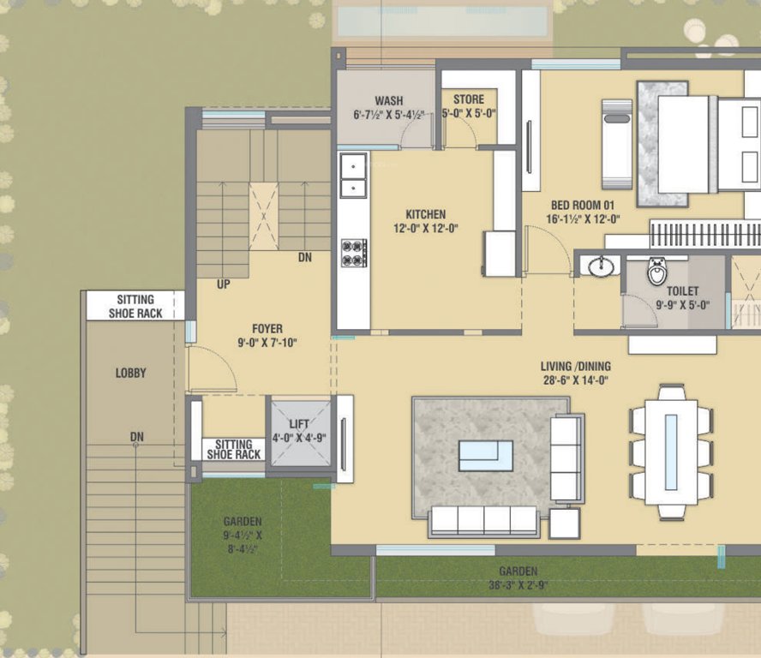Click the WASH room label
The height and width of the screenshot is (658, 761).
[x=389, y=101]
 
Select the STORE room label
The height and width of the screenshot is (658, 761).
[x=468, y=100]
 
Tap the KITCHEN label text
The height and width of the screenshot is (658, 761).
[x=426, y=214]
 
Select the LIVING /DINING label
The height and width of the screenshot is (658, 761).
[x=575, y=367]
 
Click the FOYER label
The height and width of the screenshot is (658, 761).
[x=267, y=329]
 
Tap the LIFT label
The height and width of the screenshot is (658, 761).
[x=299, y=424]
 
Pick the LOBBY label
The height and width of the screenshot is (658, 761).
[x=131, y=373]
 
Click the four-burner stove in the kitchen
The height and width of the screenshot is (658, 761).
[x=353, y=252]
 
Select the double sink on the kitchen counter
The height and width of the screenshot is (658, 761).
[x=352, y=176]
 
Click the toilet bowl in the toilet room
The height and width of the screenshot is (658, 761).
[x=657, y=271]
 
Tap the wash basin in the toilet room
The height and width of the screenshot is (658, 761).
[x=602, y=266]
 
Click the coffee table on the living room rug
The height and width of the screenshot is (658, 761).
[x=485, y=455]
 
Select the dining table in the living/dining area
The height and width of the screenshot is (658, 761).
[x=671, y=452]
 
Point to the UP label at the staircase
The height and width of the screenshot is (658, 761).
[x=223, y=284]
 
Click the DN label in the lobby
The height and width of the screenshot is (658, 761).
[x=136, y=437]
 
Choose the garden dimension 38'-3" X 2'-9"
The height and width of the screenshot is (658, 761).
[x=518, y=586]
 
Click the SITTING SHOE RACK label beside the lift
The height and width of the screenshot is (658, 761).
[x=233, y=450]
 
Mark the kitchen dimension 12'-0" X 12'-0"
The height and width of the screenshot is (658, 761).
[x=426, y=229]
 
